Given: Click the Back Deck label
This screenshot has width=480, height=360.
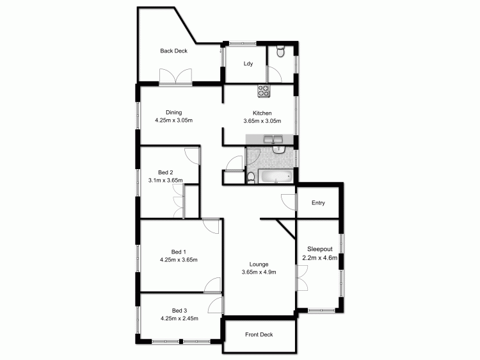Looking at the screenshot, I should coord(173,51).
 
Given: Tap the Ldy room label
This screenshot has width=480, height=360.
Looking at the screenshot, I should coord(248,63).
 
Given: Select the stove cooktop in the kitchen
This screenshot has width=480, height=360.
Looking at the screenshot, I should coord(264,91).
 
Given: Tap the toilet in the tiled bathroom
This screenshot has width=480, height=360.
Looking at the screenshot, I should coord(252,176).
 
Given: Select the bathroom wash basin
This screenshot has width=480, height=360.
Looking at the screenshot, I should coord(279,151).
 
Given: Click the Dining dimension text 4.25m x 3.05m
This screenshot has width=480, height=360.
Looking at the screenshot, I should coord(173,120).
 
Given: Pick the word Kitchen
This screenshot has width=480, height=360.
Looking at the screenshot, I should coord(262,113).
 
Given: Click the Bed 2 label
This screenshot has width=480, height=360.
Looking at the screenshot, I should coord(166,172).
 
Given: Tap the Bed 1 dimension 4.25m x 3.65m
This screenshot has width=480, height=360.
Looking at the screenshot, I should coord(179,260).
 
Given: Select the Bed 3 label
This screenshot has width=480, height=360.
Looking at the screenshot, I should coord(179,310).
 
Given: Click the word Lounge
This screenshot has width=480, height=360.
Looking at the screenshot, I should coord(259,264).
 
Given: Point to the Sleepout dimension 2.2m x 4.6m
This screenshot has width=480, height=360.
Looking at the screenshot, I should coord(319,258).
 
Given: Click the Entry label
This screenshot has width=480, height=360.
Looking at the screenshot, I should coord(318,203).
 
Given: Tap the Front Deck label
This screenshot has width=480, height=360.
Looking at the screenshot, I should coord(259,334).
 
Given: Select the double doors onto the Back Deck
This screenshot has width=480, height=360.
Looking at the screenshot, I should coord(176,76).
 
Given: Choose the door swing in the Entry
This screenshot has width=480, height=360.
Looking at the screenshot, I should coord(289,201).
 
